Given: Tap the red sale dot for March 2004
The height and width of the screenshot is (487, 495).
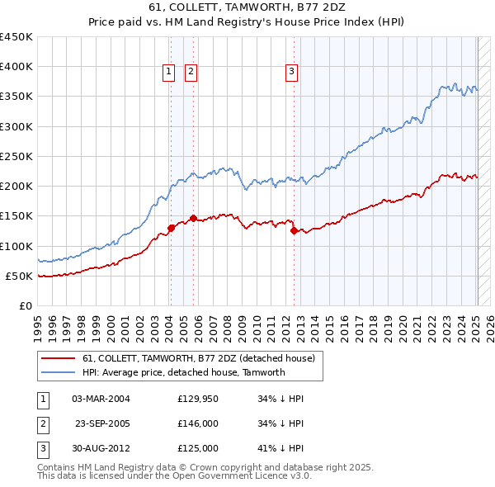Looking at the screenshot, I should (x=171, y=228).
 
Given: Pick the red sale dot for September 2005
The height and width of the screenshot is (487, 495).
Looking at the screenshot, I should (x=193, y=219).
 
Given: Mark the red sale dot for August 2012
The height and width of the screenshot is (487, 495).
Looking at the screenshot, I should (x=294, y=231).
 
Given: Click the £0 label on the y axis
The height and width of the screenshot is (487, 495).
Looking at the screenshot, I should (x=25, y=305).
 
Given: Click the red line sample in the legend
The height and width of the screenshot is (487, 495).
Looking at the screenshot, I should (x=59, y=359).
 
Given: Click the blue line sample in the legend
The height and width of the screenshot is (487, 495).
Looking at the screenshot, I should (x=59, y=372).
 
